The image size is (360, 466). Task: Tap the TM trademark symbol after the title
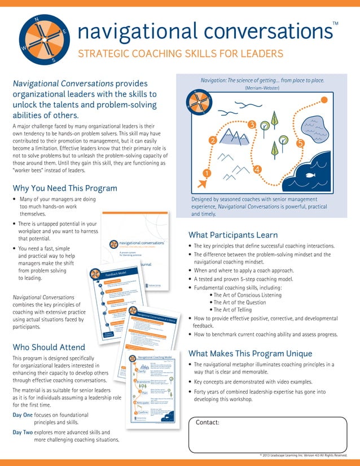pos(336,23)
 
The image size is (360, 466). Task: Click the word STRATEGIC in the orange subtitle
pos(102,54)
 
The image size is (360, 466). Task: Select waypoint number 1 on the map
pos(207,173)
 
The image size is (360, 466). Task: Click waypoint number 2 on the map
pos(213,140)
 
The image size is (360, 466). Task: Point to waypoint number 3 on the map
pos(252,124)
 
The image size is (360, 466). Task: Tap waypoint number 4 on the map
pos(257,169)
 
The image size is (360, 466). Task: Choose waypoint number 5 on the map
pos(300,143)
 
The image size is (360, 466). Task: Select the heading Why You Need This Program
pos(65,188)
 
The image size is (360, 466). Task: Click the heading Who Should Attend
pos(49,347)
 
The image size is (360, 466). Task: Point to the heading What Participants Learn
pos(232,235)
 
